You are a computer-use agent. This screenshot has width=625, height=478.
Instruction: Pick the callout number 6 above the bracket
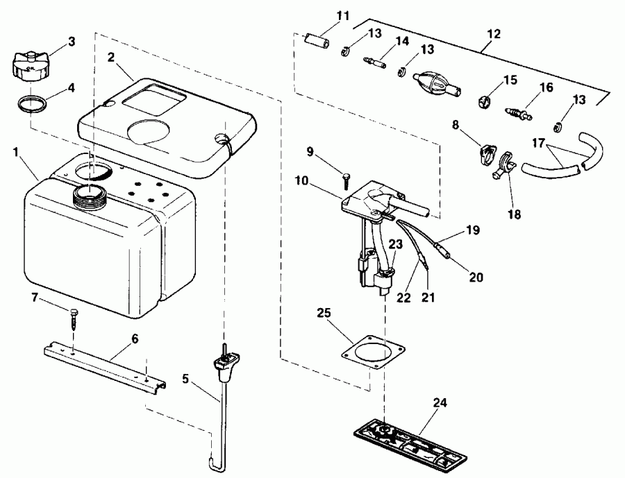point(134,339)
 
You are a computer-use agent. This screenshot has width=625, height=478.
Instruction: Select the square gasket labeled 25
point(367,350)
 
